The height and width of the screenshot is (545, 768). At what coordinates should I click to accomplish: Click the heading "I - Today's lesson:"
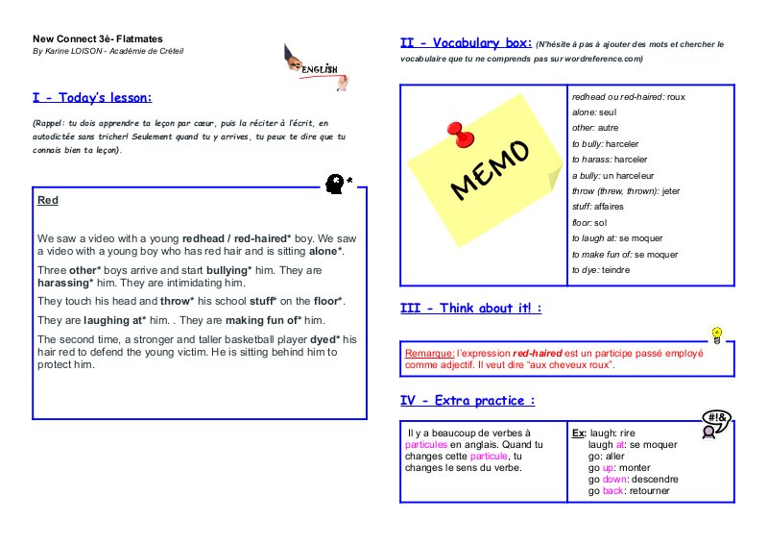92,98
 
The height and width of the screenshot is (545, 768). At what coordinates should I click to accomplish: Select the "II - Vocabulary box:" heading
466,43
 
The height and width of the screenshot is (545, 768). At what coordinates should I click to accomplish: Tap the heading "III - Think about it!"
470,309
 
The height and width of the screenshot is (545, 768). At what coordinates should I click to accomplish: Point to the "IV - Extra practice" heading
467,401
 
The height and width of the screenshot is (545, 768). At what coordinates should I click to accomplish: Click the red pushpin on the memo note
455,129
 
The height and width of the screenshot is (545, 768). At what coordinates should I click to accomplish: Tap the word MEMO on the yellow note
489,170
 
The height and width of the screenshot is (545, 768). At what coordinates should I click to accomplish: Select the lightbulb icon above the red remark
715,334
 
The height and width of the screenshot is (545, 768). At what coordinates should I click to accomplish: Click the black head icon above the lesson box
335,181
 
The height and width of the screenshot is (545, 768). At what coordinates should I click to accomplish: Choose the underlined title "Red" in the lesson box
47,201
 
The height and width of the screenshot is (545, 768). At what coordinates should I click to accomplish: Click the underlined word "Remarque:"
430,354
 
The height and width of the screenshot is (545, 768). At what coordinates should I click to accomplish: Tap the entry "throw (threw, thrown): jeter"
625,191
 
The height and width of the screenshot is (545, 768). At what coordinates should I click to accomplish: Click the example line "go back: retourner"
629,491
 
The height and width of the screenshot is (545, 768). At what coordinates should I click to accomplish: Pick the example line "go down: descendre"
633,480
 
